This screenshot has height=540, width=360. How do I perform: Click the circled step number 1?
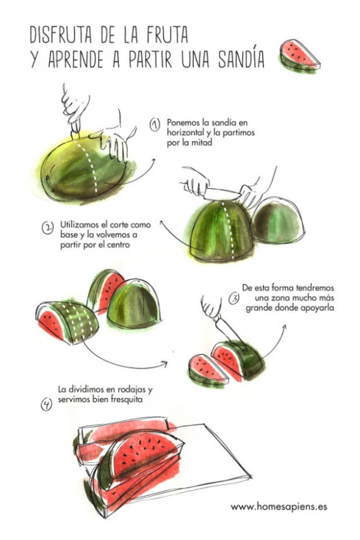click(155, 125)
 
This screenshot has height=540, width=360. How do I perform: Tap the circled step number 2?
click(48, 228)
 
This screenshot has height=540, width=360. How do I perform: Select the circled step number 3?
click(234, 298)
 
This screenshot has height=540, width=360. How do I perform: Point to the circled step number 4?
click(47, 404)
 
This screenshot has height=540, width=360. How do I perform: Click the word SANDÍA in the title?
click(241, 58)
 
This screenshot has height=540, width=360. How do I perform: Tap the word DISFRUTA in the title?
click(61, 34)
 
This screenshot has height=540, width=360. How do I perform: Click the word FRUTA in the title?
click(167, 34)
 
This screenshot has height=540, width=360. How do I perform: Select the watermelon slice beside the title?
click(299, 56)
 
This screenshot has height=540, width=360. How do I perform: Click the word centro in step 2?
click(118, 245)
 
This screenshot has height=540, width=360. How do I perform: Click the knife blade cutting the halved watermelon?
click(222, 195)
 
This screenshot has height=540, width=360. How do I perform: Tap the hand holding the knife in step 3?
click(210, 307)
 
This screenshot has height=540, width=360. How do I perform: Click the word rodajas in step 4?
click(132, 390)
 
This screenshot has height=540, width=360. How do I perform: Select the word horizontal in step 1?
click(184, 132)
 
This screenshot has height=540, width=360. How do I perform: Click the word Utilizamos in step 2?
click(80, 225)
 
